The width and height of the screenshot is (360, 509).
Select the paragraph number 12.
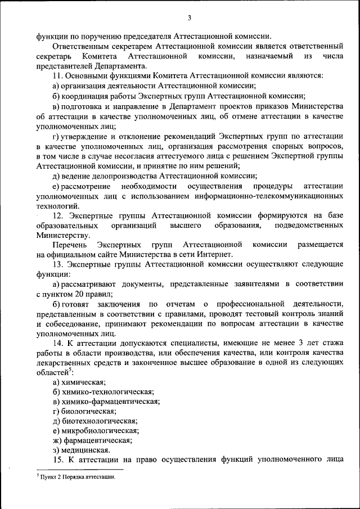(x=57, y=215)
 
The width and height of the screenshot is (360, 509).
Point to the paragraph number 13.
(x=57, y=264)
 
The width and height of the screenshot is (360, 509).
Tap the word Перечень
(x=69, y=245)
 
